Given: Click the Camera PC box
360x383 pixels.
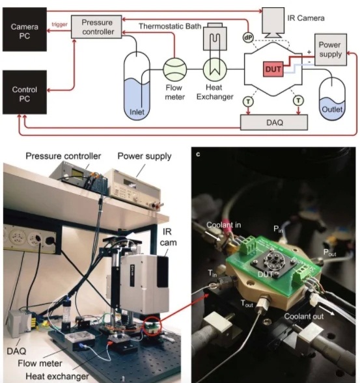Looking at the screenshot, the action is [25, 29].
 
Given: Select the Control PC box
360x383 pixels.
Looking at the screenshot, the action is [25, 92].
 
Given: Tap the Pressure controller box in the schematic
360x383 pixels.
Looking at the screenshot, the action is [96, 27].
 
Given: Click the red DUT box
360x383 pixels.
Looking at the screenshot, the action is [273, 69].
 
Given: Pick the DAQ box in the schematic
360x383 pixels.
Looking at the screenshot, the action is [274, 122].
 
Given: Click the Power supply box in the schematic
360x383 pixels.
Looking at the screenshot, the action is [331, 49].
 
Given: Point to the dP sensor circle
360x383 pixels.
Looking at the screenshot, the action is [248, 38].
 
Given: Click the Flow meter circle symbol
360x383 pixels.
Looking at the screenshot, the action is [175, 70].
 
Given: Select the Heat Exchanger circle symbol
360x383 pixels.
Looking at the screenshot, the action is [215, 70].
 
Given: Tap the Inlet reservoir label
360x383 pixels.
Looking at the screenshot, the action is [137, 112].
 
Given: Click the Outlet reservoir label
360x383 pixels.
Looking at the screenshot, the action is [332, 109].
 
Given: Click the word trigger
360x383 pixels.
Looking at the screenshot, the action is [59, 25].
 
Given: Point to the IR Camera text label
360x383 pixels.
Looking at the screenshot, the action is [306, 18].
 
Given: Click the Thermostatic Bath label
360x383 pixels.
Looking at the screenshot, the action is [170, 26].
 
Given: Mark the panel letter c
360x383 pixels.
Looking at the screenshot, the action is [198, 154].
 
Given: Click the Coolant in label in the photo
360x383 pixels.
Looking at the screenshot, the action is [223, 225].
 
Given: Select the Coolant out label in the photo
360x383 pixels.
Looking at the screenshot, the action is [304, 316].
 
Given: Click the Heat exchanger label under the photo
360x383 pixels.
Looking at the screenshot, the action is [57, 376].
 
